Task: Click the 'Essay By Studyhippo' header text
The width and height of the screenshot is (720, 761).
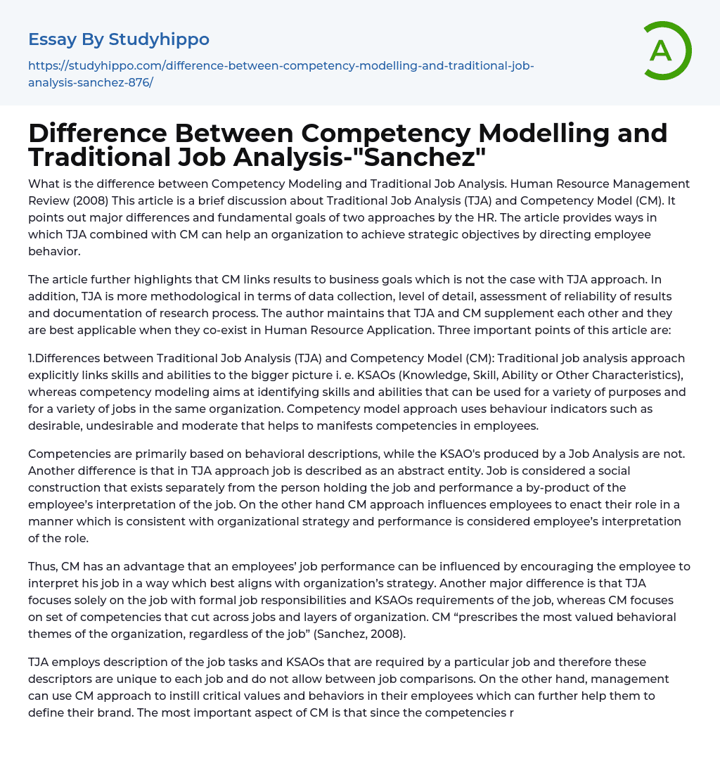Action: tap(119, 39)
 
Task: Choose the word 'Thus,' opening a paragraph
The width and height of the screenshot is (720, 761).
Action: tap(43, 567)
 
